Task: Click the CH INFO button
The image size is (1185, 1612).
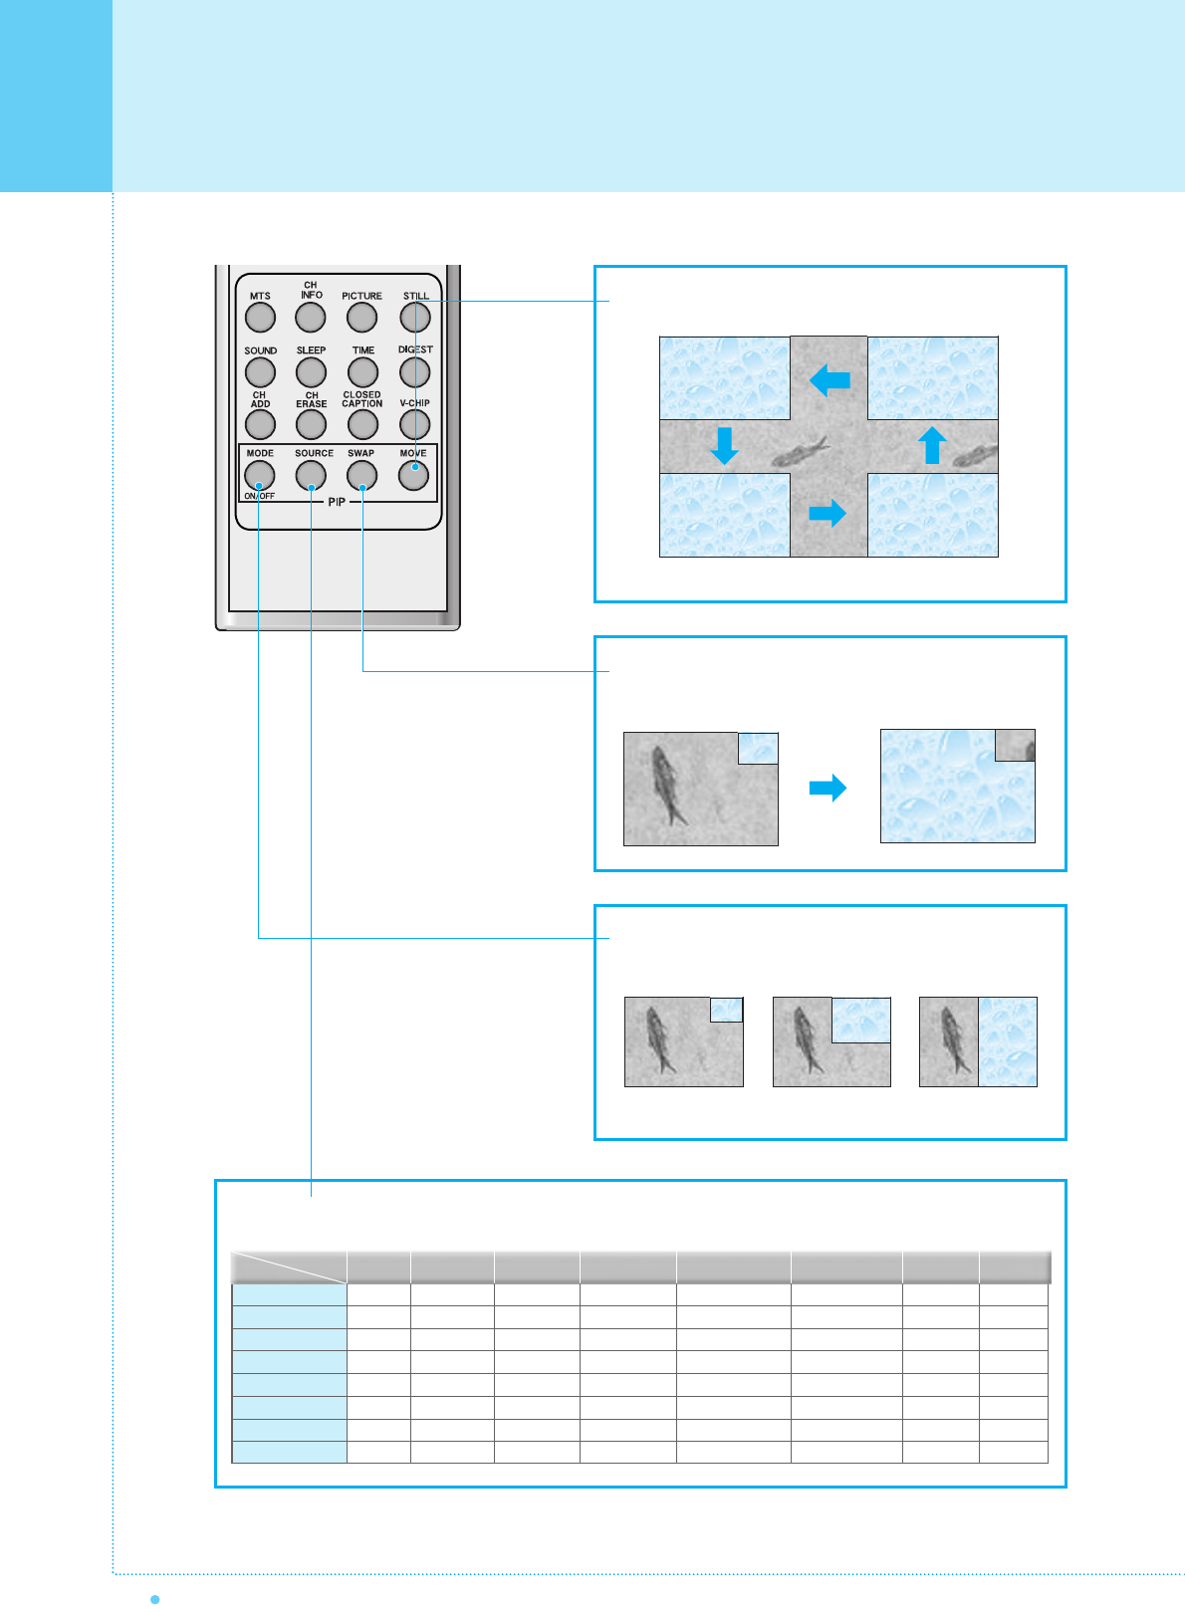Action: click(311, 318)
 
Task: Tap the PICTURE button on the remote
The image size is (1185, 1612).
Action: click(361, 318)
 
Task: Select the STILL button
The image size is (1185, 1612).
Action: click(415, 318)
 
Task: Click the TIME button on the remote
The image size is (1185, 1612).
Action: click(362, 372)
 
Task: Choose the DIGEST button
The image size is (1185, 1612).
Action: click(414, 372)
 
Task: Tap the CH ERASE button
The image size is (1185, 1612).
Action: click(311, 424)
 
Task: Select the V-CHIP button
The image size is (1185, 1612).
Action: click(414, 424)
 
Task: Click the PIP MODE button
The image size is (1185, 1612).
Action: click(260, 476)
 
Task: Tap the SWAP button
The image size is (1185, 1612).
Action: click(361, 476)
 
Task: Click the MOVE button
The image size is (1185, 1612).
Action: click(413, 476)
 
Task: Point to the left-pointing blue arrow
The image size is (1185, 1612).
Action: click(829, 379)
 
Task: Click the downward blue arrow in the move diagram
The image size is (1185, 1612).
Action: click(724, 446)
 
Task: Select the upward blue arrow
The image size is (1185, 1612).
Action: click(932, 445)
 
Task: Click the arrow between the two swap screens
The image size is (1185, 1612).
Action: click(828, 789)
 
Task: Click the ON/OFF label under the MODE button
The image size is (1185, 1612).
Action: click(260, 496)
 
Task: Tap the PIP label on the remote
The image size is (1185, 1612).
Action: click(337, 502)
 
